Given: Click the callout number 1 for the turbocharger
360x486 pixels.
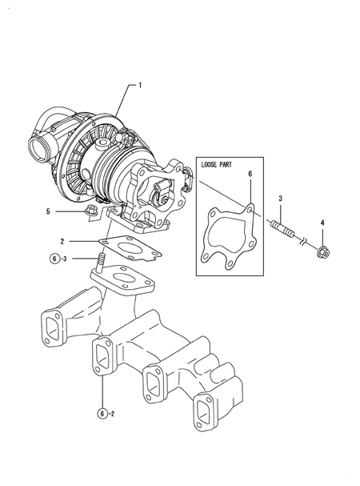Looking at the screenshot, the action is pyautogui.click(x=140, y=85).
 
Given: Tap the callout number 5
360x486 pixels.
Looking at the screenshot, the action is pyautogui.click(x=48, y=211).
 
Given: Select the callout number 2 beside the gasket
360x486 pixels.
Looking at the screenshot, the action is pyautogui.click(x=62, y=241).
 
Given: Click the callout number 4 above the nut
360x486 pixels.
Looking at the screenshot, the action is pyautogui.click(x=322, y=223).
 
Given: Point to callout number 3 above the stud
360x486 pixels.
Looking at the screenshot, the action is pyautogui.click(x=280, y=199).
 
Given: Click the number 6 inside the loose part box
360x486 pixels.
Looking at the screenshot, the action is pyautogui.click(x=250, y=174).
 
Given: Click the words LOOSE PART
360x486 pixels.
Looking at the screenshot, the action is pyautogui.click(x=216, y=165).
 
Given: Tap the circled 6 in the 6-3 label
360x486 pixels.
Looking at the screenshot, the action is pyautogui.click(x=54, y=259).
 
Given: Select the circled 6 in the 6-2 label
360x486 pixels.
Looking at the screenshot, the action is pyautogui.click(x=102, y=413).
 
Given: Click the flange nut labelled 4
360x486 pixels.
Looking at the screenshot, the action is pyautogui.click(x=323, y=252).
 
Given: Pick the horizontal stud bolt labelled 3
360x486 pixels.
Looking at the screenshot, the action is pyautogui.click(x=283, y=228).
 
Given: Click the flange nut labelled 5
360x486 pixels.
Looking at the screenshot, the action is pyautogui.click(x=91, y=211).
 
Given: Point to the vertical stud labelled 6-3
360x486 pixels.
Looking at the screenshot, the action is pyautogui.click(x=101, y=263).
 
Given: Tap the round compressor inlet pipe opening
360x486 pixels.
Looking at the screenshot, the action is pyautogui.click(x=38, y=150).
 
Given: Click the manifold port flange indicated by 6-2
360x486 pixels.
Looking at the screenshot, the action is pyautogui.click(x=102, y=357).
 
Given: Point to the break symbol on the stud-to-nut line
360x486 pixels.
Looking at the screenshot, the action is pyautogui.click(x=302, y=241).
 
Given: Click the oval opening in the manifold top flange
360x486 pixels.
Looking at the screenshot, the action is pyautogui.click(x=122, y=277).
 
